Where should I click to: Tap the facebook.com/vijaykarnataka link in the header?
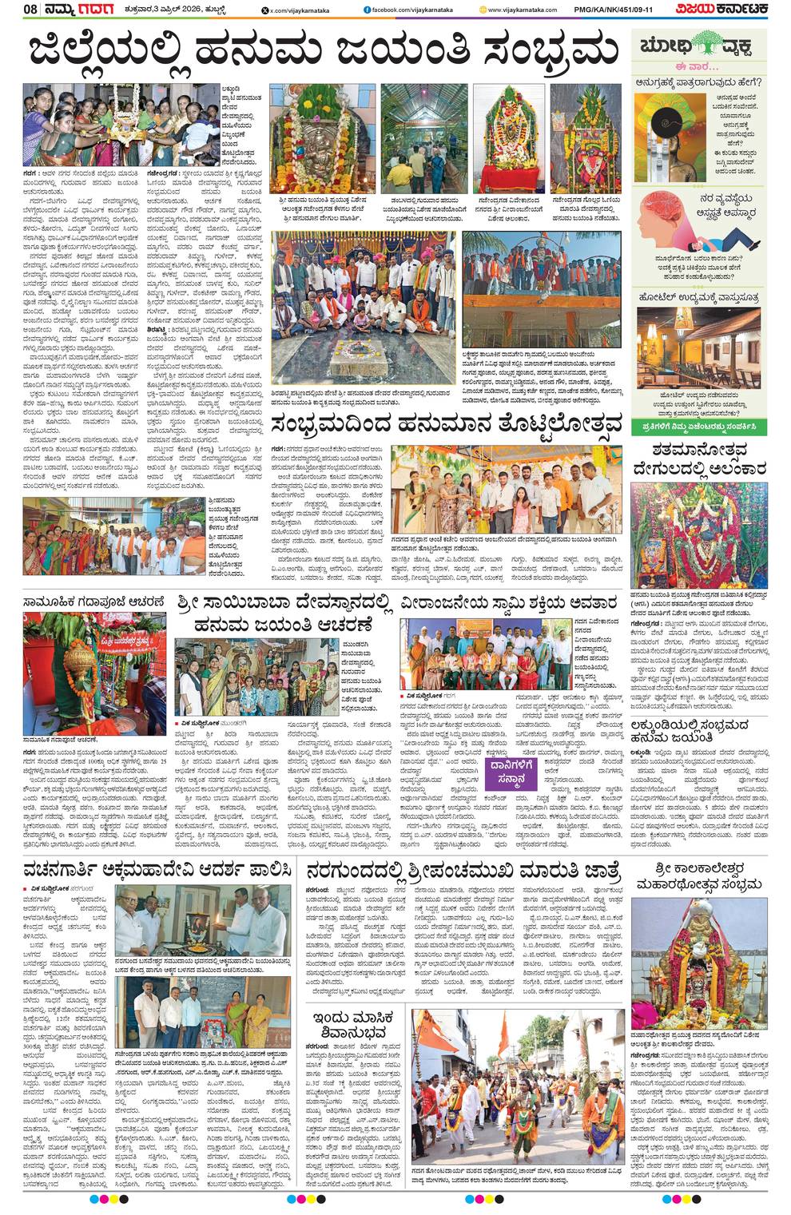pyautogui.click(x=405, y=10)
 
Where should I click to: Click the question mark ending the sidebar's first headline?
pyautogui.click(x=758, y=81)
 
